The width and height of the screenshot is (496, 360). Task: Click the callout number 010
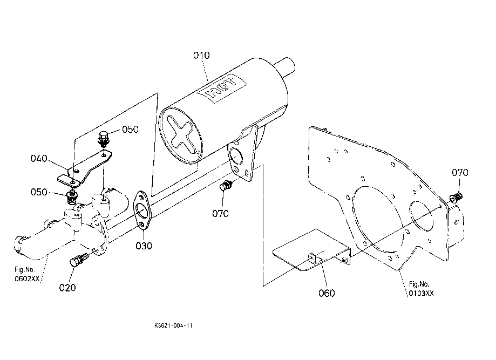coord(201,56)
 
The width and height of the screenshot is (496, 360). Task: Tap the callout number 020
coord(67,288)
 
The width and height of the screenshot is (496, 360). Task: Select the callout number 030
coord(144,246)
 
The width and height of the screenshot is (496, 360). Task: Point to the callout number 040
coord(39,159)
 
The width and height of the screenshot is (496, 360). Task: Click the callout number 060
coord(327,293)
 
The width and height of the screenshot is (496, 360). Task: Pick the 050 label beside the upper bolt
coord(130,130)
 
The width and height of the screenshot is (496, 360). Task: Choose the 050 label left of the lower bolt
coord(39,192)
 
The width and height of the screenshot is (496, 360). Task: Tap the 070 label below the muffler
coord(220,214)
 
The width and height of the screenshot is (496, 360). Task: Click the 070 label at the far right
coord(460,173)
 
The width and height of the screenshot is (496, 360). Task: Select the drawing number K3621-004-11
coord(173,325)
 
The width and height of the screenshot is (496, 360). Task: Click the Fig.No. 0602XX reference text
coord(27,274)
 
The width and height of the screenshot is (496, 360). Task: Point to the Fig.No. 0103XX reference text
coord(421,289)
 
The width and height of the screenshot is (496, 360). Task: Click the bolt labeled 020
coord(78,260)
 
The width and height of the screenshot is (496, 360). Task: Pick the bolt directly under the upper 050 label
coord(103,139)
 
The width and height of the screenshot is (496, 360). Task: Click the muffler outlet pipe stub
coord(285,67)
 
